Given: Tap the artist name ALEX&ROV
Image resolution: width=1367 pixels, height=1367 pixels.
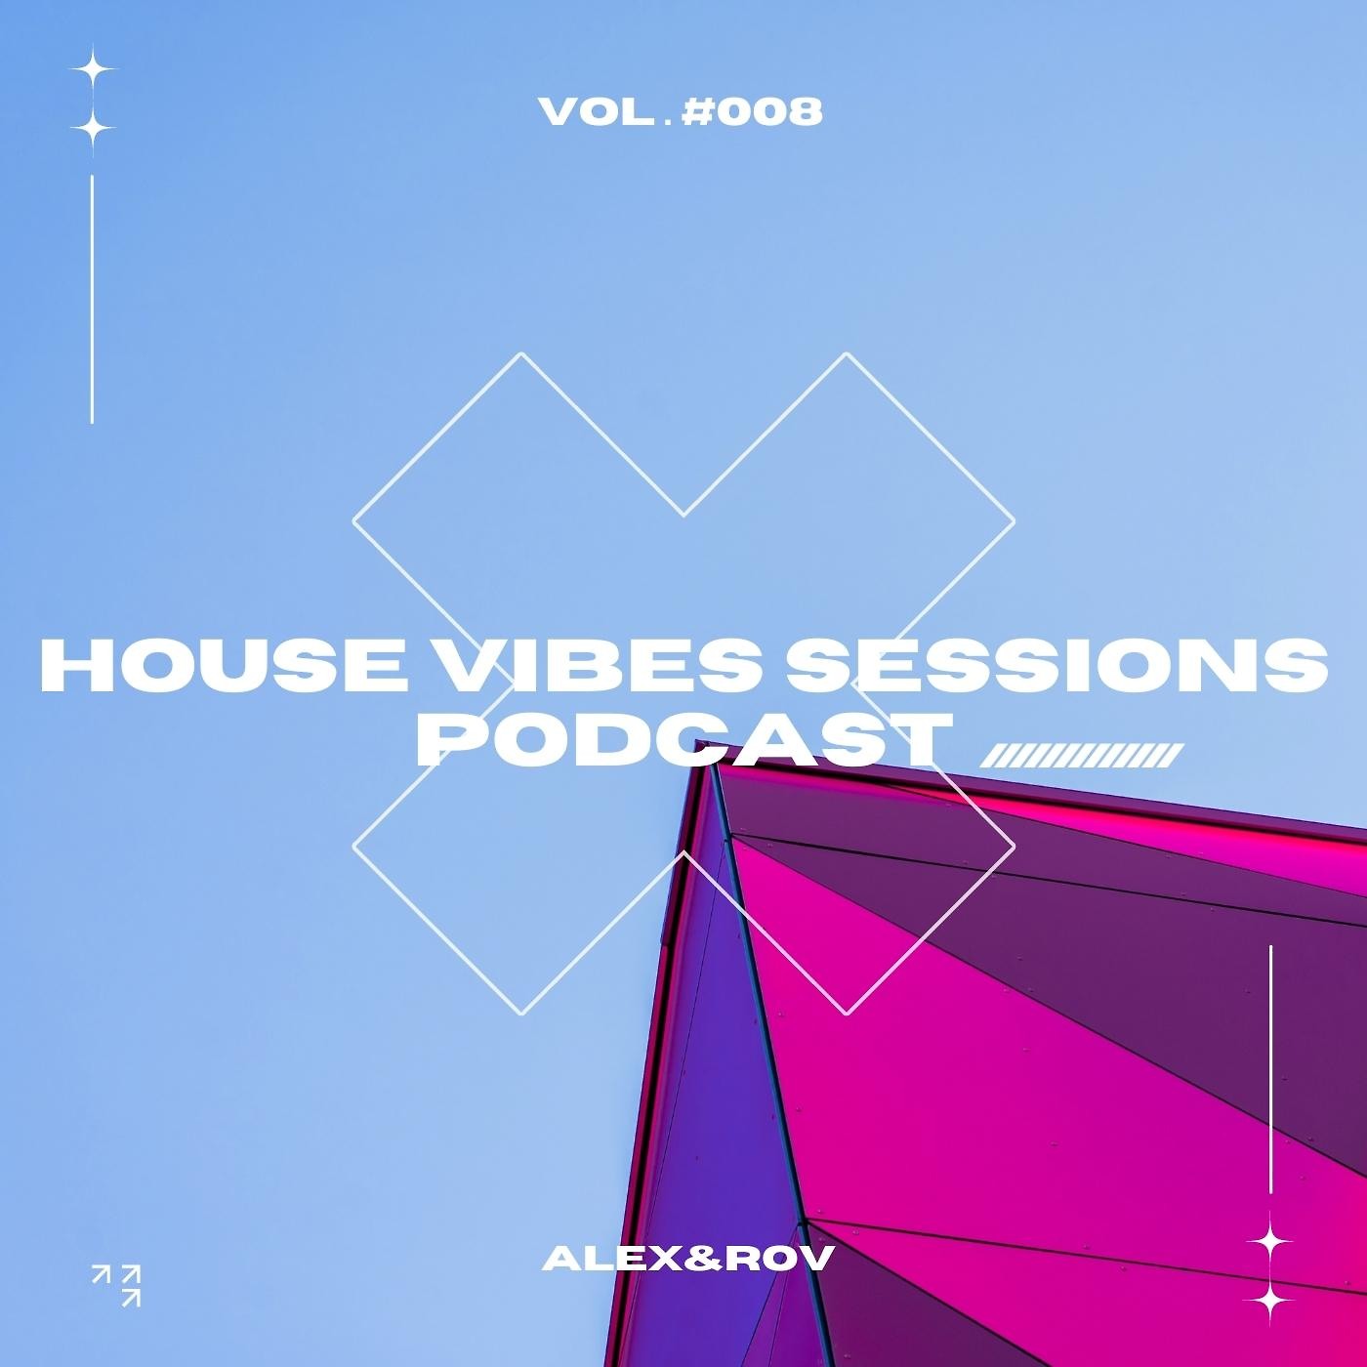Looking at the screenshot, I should click(x=686, y=1259).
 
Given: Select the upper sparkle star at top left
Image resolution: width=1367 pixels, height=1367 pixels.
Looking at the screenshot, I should click(x=93, y=71).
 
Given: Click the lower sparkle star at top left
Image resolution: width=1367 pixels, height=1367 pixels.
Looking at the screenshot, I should click(x=93, y=128).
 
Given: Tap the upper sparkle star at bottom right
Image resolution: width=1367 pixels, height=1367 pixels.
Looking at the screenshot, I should click(x=1270, y=1241).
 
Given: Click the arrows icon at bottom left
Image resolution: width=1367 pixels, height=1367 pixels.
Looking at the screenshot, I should click(x=116, y=1284).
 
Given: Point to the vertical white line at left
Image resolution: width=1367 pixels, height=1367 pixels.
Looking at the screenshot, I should click(x=92, y=299).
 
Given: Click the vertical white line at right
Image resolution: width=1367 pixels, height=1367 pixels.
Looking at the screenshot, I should click(x=1270, y=1069).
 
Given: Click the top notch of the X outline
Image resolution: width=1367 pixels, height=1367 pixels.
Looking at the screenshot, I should click(x=683, y=515).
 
